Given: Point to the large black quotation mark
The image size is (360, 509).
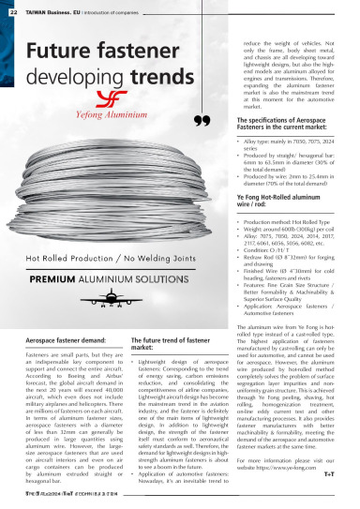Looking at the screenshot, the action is coord(201,121).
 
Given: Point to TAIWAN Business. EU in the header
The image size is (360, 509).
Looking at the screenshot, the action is coord(44,8).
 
